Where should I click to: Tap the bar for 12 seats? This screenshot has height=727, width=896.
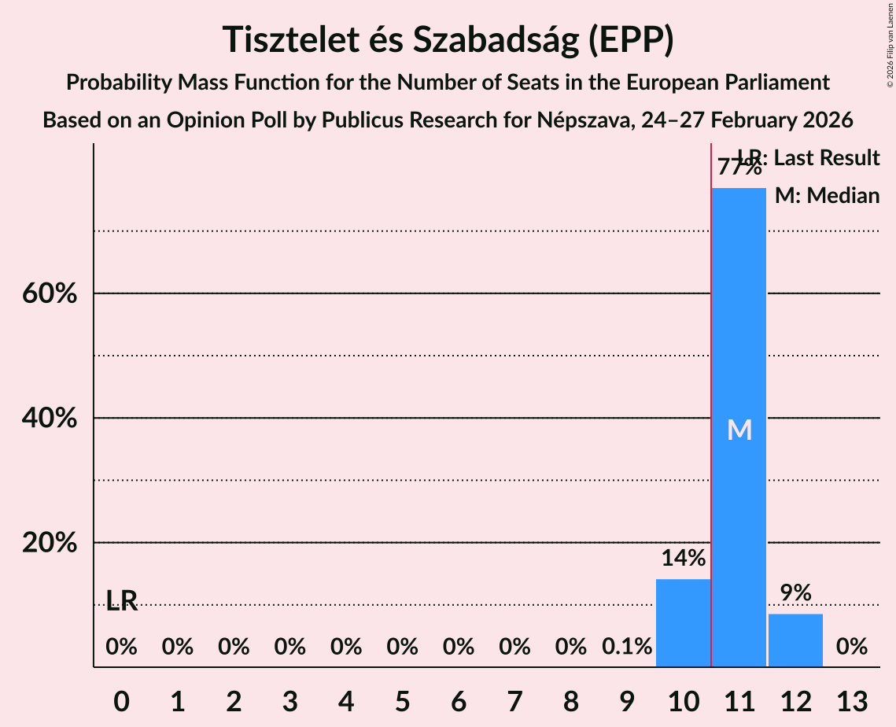tap(795, 640)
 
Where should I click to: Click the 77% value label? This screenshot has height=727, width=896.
tap(739, 168)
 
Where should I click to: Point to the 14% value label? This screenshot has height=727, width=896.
tap(683, 559)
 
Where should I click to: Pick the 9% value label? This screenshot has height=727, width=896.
tap(795, 593)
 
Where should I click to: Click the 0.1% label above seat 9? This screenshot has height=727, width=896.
tap(627, 647)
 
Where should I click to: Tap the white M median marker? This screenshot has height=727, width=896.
tap(739, 430)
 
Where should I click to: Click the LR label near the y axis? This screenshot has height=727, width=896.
tap(122, 602)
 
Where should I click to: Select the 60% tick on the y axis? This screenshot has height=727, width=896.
tap(49, 294)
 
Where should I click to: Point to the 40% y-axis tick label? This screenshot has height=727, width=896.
tap(49, 419)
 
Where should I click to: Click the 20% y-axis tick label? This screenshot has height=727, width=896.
tap(49, 544)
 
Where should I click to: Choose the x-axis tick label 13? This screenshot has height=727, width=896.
tap(852, 700)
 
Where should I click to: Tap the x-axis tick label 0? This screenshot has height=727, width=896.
tap(121, 700)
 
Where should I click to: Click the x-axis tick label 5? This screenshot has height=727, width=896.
tap(402, 700)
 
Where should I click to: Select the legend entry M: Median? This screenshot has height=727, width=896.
tap(827, 196)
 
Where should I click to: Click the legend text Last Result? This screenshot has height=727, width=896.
tap(827, 158)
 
